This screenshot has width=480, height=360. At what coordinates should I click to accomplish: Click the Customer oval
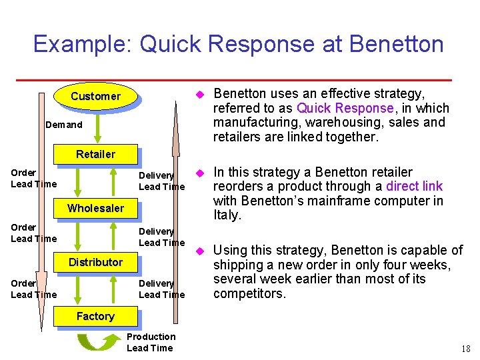95,96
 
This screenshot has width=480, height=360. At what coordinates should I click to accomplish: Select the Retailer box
95,154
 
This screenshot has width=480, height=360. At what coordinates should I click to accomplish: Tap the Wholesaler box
95,208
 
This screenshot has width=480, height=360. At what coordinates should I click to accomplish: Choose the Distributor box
95,262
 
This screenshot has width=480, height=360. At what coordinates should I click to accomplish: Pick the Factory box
95,316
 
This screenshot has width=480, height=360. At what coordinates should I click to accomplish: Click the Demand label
64,125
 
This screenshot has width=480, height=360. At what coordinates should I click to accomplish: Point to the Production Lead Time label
150,342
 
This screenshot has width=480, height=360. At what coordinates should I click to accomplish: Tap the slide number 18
465,348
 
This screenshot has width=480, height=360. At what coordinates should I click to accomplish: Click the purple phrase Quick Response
345,108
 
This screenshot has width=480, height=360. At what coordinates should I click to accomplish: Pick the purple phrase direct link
414,187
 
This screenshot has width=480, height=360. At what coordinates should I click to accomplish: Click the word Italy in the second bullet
226,215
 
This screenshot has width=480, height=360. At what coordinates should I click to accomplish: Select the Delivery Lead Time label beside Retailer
161,181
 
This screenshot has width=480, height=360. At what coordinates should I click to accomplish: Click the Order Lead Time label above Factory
33,289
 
